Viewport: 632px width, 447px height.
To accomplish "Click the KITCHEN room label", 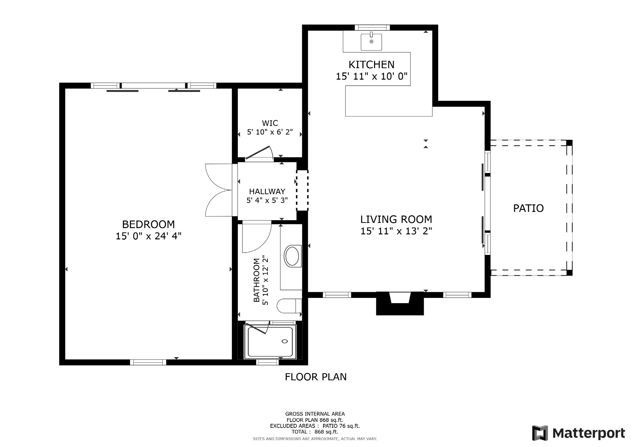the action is (371, 64).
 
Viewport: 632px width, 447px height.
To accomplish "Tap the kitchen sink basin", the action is (371, 42).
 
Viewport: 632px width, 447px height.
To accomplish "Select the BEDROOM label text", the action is (148, 224).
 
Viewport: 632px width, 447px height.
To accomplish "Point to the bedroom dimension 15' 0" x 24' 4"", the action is (148, 236).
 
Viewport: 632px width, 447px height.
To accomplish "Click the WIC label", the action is (270, 123).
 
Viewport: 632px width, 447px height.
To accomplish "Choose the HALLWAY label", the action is (267, 191).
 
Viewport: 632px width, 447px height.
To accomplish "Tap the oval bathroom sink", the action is (292, 256).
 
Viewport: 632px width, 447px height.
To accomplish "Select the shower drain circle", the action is (284, 341).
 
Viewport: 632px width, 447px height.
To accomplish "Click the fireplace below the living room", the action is (400, 303).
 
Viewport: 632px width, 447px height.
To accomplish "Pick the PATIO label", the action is (528, 208).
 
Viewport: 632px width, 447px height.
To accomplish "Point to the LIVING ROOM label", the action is (396, 219).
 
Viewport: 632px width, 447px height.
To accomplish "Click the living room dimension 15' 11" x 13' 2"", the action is (396, 231).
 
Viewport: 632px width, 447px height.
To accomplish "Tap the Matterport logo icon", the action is (540, 433).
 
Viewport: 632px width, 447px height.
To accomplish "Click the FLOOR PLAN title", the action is (316, 377).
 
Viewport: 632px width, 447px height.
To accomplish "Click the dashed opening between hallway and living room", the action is (302, 190).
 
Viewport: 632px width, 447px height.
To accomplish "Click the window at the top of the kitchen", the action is (372, 28).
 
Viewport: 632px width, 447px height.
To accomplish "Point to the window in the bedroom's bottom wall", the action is (148, 362).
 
